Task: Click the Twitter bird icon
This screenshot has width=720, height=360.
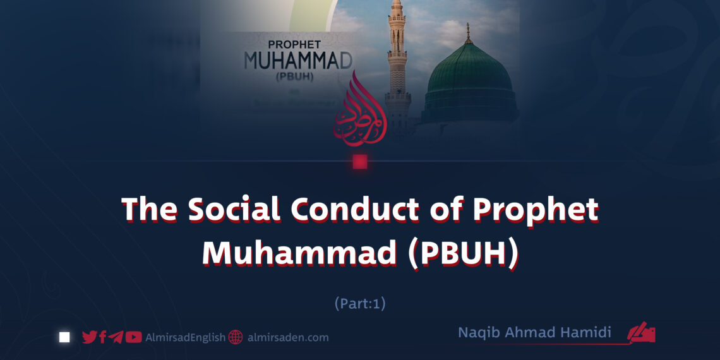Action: pos(90,337)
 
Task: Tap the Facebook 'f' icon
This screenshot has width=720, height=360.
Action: pos(103,337)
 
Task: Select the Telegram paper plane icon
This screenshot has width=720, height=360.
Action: pos(116,337)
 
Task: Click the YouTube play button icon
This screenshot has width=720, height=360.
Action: pos(133,337)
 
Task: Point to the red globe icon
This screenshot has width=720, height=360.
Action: pos(236,337)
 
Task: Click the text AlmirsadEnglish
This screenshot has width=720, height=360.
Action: pos(184,337)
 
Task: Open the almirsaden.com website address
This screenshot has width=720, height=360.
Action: pos(287,337)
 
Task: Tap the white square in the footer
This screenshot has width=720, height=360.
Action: pos(64,337)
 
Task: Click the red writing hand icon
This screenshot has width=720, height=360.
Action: pos(642,333)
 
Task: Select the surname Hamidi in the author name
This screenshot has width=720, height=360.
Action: pos(588,333)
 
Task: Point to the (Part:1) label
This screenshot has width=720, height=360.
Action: pos(360,304)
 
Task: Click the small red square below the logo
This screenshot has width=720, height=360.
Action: pos(360,162)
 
